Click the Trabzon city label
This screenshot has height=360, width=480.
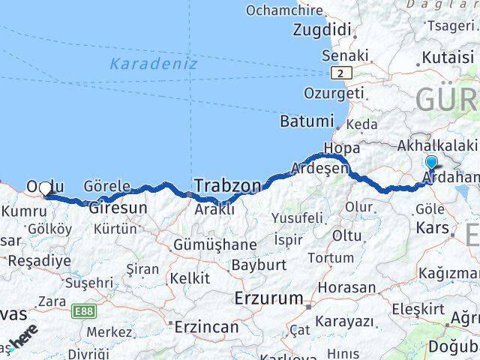pyautogui.click(x=228, y=184)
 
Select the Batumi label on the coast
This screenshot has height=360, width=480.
pyautogui.click(x=305, y=121)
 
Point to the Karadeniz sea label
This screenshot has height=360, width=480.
pyautogui.click(x=153, y=64)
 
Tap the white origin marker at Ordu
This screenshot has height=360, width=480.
pyautogui.click(x=46, y=190)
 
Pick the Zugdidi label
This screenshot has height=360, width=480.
pyautogui.click(x=322, y=31)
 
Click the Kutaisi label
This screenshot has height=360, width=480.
pyautogui.click(x=448, y=57)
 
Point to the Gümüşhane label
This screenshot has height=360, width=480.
pyautogui.click(x=214, y=244)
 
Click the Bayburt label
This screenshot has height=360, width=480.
pyautogui.click(x=259, y=265)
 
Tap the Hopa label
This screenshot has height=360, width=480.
pyautogui.click(x=342, y=147)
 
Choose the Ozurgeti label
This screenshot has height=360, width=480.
pyautogui.click(x=334, y=93)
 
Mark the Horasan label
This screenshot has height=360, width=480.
pyautogui.click(x=346, y=287)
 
